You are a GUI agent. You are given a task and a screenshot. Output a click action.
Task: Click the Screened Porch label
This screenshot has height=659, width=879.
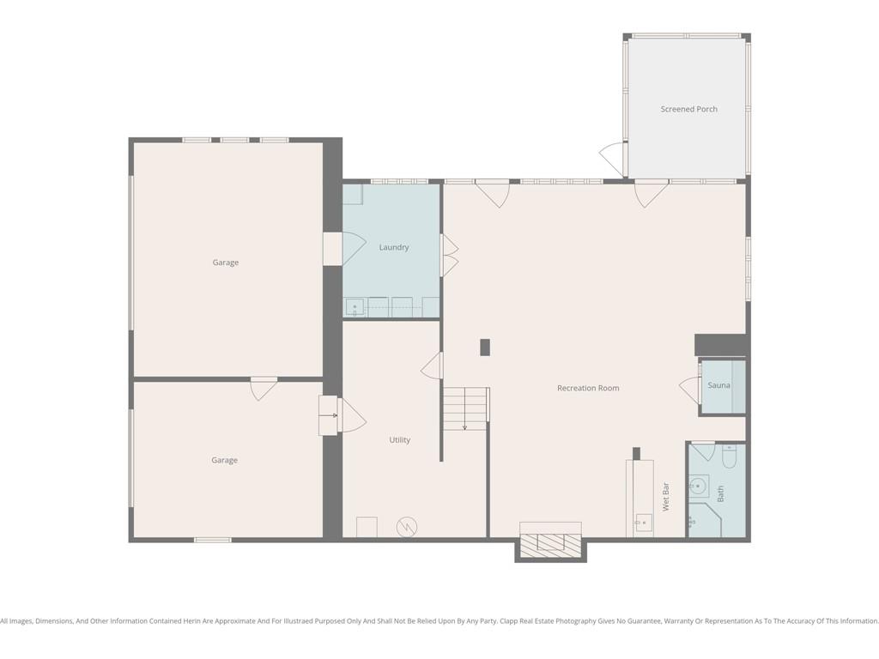tap(689, 109)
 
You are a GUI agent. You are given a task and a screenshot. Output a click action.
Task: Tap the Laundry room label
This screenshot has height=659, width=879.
tap(393, 247)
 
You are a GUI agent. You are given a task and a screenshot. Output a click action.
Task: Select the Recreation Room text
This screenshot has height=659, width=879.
tap(588, 388)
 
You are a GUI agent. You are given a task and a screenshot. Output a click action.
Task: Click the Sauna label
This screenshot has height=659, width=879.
tap(718, 385)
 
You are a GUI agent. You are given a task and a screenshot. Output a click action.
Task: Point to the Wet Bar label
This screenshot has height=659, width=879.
tap(666, 497)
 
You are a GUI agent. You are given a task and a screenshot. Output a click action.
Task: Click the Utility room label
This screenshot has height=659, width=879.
tap(400, 440)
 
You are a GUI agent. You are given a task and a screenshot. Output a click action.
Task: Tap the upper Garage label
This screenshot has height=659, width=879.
tap(226, 263)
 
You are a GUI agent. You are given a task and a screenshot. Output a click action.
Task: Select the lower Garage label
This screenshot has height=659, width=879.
tap(224, 460)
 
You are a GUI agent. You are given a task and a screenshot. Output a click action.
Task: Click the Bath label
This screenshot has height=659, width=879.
tap(720, 493)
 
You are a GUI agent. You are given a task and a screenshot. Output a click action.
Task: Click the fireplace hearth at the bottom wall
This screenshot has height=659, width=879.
tap(550, 545)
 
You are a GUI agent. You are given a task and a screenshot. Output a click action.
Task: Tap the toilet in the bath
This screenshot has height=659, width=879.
tap(729, 456)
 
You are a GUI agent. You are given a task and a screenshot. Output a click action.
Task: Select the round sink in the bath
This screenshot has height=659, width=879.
tap(697, 486)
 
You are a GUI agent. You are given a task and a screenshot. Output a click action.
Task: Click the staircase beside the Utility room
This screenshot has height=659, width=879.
tap(465, 408)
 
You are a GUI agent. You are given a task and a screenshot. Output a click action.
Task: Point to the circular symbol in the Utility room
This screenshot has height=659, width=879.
tap(406, 527)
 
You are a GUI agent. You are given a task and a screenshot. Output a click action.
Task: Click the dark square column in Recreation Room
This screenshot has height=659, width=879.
tap(485, 348)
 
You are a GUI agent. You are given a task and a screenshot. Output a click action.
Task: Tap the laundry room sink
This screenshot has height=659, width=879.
tap(355, 307)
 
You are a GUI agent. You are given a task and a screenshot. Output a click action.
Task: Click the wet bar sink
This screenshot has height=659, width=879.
tap(644, 523)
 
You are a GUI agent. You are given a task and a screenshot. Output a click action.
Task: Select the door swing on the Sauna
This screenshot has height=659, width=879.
tap(689, 390)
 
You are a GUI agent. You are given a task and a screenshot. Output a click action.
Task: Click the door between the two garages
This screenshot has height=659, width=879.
tap(264, 389)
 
